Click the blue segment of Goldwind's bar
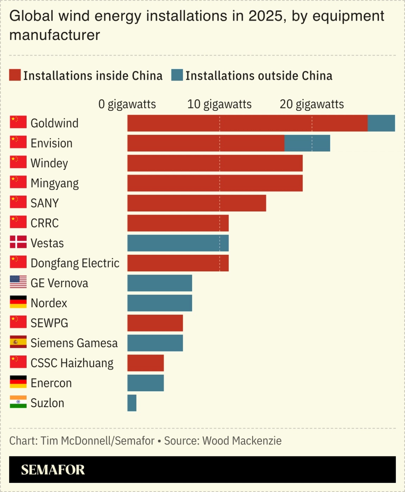coord(381,123)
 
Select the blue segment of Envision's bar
coord(307,143)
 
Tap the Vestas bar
coord(178,243)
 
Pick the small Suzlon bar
coord(132,403)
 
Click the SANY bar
coord(197,203)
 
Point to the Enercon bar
coord(146,383)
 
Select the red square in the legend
coord(15,75)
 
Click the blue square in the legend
coord(177,75)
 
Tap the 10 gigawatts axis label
coord(219,104)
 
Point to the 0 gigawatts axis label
coord(127,104)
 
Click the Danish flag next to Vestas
coord(18,242)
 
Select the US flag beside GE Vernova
coord(18,282)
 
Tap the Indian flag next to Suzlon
coord(18,402)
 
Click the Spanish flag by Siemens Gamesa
coord(18,342)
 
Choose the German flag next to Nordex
coord(18,302)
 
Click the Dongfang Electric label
coord(75,263)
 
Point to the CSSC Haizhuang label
coord(72,363)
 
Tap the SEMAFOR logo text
coord(53,470)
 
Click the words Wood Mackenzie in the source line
coord(242,441)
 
